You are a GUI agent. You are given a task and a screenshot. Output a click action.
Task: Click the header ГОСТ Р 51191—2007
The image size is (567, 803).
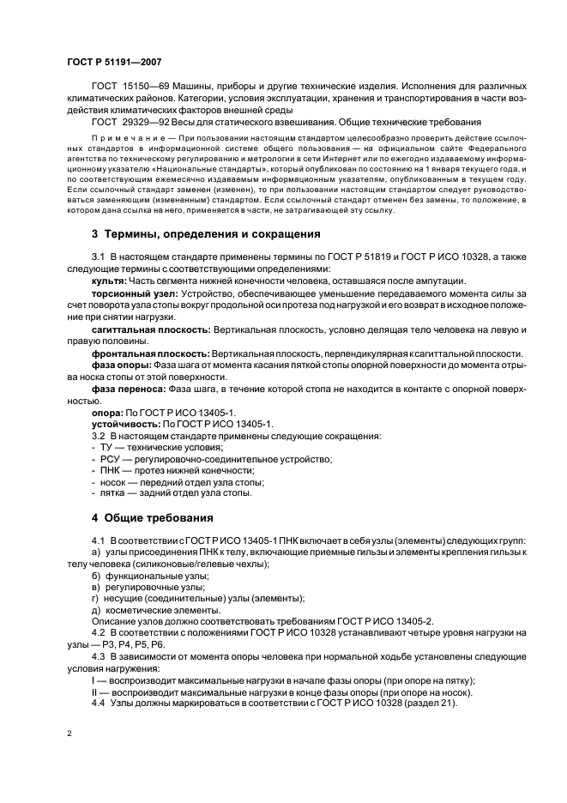(113, 62)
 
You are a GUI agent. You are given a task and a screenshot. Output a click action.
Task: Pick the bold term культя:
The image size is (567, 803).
(107, 281)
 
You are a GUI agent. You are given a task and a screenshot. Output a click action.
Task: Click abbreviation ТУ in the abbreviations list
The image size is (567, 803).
(108, 447)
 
